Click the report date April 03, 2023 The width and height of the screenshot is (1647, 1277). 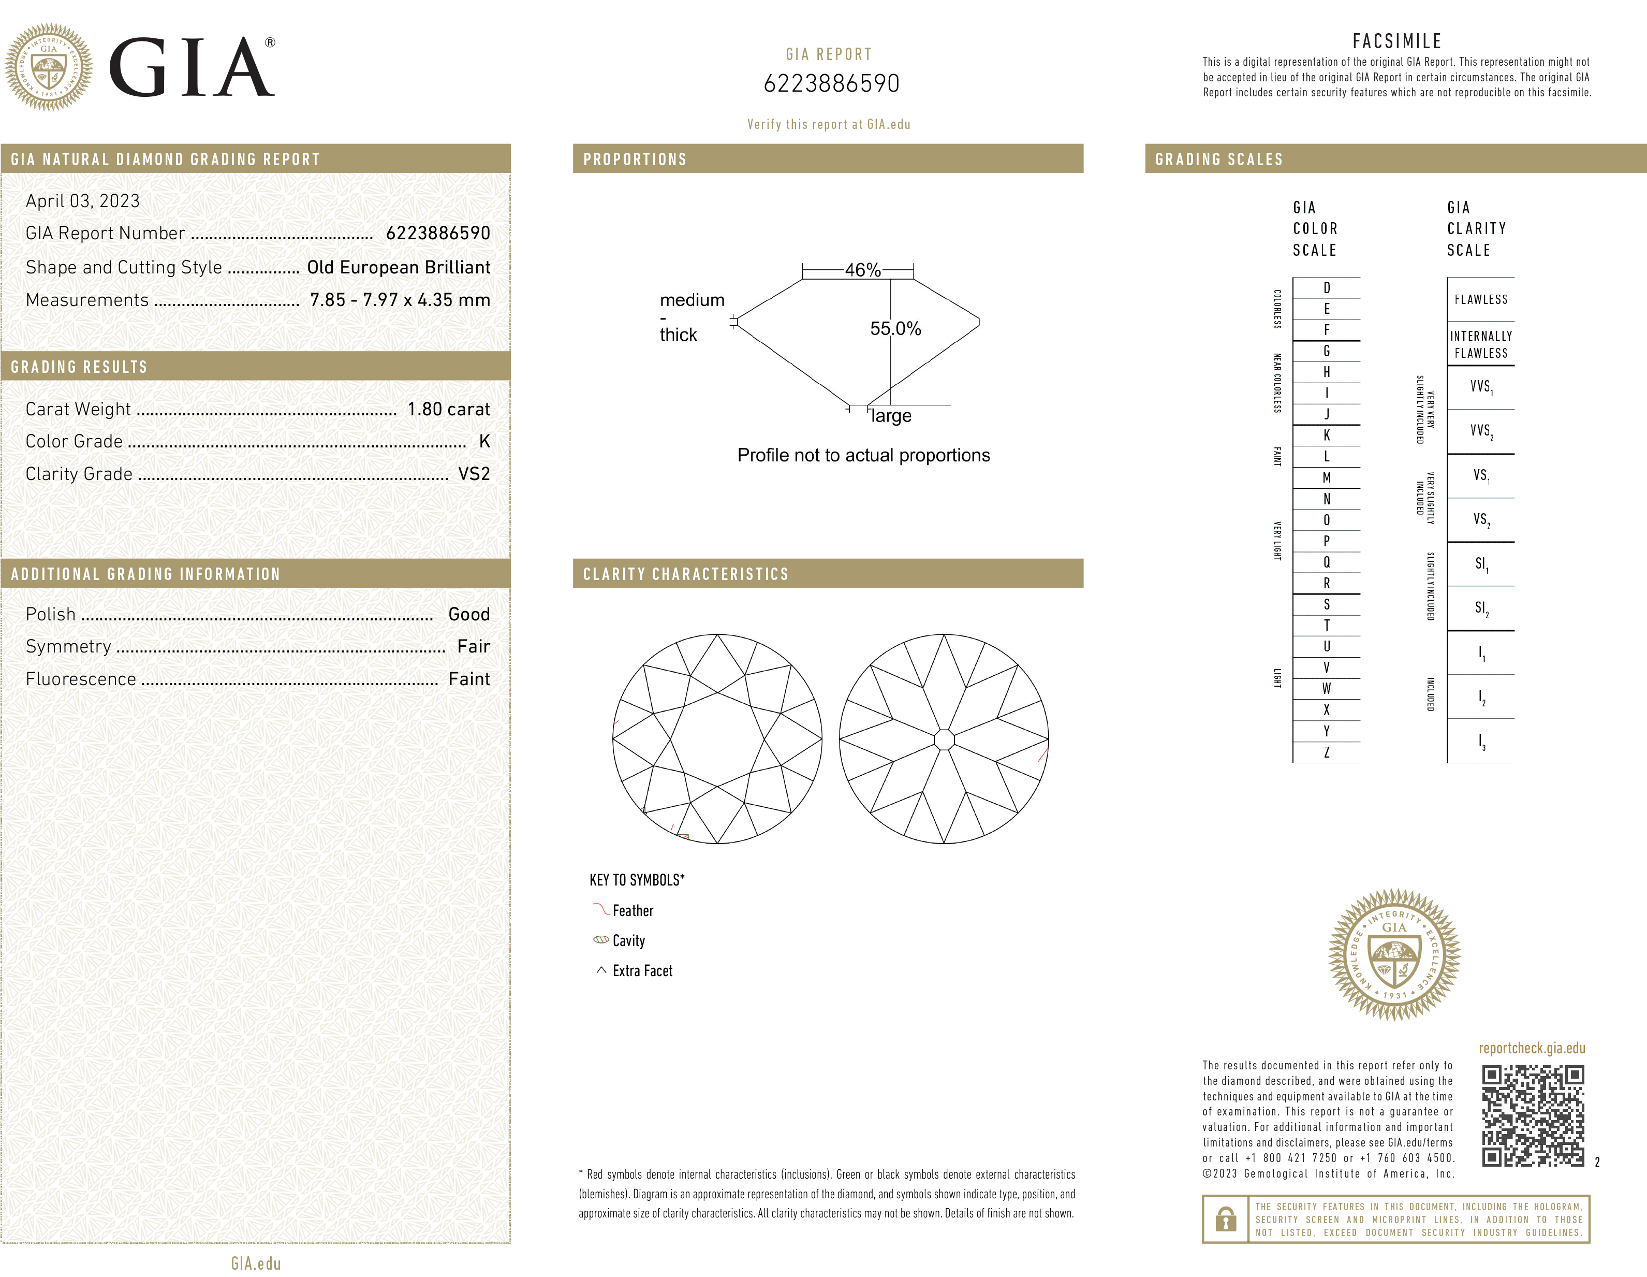pos(83,200)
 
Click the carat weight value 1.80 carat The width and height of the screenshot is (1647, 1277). pos(449,409)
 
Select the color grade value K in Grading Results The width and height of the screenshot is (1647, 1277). pos(484,441)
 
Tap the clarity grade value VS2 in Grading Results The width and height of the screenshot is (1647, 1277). pos(474,474)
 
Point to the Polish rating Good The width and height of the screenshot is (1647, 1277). pos(469,614)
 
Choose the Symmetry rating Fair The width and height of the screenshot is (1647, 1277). pos(474,646)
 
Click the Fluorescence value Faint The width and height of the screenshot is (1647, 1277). pos(469,679)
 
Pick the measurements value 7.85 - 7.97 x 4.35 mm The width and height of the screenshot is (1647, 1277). pos(400,299)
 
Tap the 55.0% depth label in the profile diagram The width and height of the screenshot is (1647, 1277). pos(895,328)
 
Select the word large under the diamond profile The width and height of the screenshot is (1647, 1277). pos(891,416)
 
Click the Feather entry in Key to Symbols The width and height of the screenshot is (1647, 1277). pos(633,910)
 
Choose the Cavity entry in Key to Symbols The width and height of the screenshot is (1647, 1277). pos(629,940)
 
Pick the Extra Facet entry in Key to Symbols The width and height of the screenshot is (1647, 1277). pos(642,971)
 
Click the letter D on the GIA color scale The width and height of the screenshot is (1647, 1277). pos(1327,287)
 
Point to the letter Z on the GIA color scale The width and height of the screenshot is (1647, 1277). pos(1327,752)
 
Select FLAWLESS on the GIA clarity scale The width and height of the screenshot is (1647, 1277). pos(1480,299)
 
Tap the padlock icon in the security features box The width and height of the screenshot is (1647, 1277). pos(1226,1219)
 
